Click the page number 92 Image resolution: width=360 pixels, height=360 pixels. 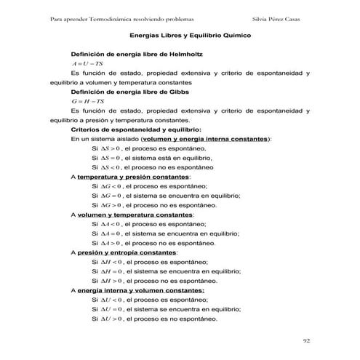(x=306, y=339)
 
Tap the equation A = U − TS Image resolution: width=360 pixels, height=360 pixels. (x=80, y=64)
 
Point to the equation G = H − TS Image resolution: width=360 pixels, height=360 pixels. (x=80, y=101)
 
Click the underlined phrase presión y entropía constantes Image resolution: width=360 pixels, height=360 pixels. (x=127, y=252)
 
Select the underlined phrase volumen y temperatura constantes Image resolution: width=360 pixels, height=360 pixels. (x=135, y=215)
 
